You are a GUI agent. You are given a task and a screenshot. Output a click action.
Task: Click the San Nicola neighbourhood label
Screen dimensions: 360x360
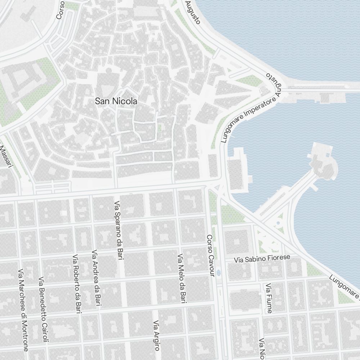click(x=116, y=102)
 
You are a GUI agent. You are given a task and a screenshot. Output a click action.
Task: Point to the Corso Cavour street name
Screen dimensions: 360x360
click(x=210, y=256)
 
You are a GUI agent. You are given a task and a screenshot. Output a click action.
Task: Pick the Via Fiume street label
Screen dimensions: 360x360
click(x=269, y=298)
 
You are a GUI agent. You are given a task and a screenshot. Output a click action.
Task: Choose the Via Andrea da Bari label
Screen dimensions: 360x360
click(x=96, y=279)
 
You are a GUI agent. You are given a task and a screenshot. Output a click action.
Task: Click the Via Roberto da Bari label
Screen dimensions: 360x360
click(x=77, y=284)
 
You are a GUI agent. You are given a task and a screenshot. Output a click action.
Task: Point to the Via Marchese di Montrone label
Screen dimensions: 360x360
click(x=23, y=310)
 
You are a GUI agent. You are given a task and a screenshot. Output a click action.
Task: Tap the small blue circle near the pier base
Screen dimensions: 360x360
click(x=278, y=223)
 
